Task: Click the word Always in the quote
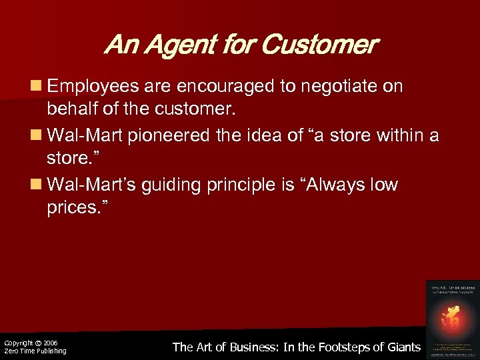point(329,185)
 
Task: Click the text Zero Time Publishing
point(35,351)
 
